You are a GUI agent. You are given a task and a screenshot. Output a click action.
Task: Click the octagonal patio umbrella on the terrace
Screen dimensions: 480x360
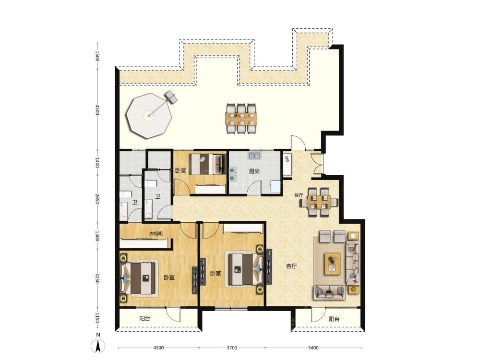click(149, 115)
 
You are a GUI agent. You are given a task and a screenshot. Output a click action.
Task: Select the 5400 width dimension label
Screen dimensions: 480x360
click(313, 348)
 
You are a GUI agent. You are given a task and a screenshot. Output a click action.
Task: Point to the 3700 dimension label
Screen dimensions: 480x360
click(232, 348)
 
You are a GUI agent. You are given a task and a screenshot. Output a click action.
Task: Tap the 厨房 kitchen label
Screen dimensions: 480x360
click(254, 171)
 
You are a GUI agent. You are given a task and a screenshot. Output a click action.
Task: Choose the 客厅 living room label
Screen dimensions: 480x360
click(291, 266)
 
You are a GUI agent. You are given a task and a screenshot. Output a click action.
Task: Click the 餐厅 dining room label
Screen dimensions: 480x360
click(299, 195)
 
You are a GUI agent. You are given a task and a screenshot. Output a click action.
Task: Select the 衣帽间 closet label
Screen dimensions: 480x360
click(156, 234)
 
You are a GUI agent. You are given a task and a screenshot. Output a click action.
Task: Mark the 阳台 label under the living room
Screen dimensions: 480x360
click(334, 319)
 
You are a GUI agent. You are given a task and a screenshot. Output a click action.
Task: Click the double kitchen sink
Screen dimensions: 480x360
click(255, 156)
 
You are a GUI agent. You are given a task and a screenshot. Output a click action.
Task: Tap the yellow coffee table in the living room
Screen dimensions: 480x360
click(333, 264)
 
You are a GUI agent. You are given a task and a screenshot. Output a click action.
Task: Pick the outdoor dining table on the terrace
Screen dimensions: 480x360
click(241, 119)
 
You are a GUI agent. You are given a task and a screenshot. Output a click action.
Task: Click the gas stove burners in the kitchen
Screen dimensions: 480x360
click(233, 174)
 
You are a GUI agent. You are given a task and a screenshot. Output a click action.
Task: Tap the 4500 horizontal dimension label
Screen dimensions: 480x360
click(158, 348)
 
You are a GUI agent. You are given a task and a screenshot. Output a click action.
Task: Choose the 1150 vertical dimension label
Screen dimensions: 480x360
click(97, 317)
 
